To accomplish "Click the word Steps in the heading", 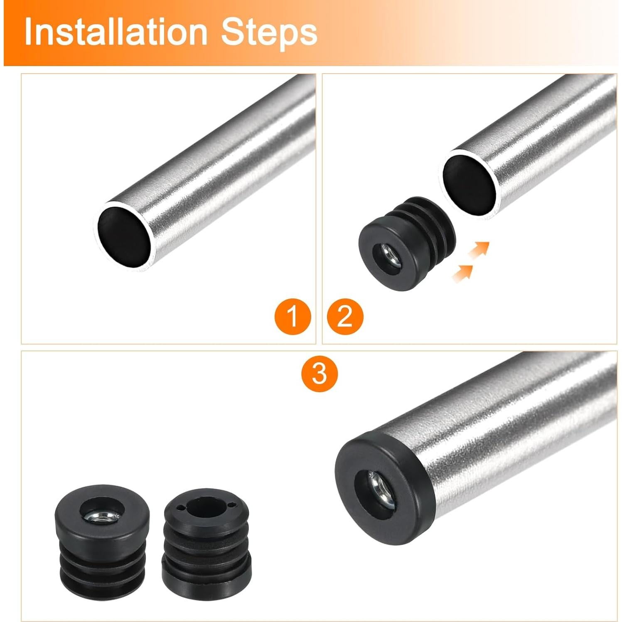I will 269,32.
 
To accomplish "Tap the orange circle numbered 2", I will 345,317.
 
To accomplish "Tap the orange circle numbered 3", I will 320,373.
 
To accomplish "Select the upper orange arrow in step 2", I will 479,250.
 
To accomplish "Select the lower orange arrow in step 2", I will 462,272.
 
